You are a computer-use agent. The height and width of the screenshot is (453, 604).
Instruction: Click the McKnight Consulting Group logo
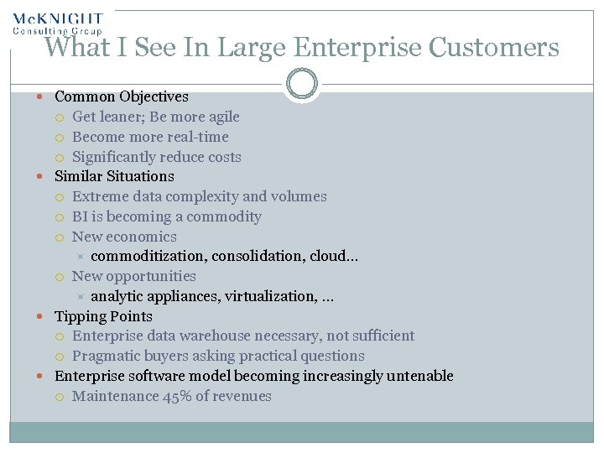tap(57, 23)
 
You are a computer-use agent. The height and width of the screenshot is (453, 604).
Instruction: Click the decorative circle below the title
tap(301, 84)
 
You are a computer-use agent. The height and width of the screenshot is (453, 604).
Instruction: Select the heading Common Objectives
tap(121, 97)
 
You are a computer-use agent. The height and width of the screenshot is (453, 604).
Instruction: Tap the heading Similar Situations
tap(114, 176)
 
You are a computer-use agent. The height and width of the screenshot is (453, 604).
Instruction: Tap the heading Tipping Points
tap(103, 316)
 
